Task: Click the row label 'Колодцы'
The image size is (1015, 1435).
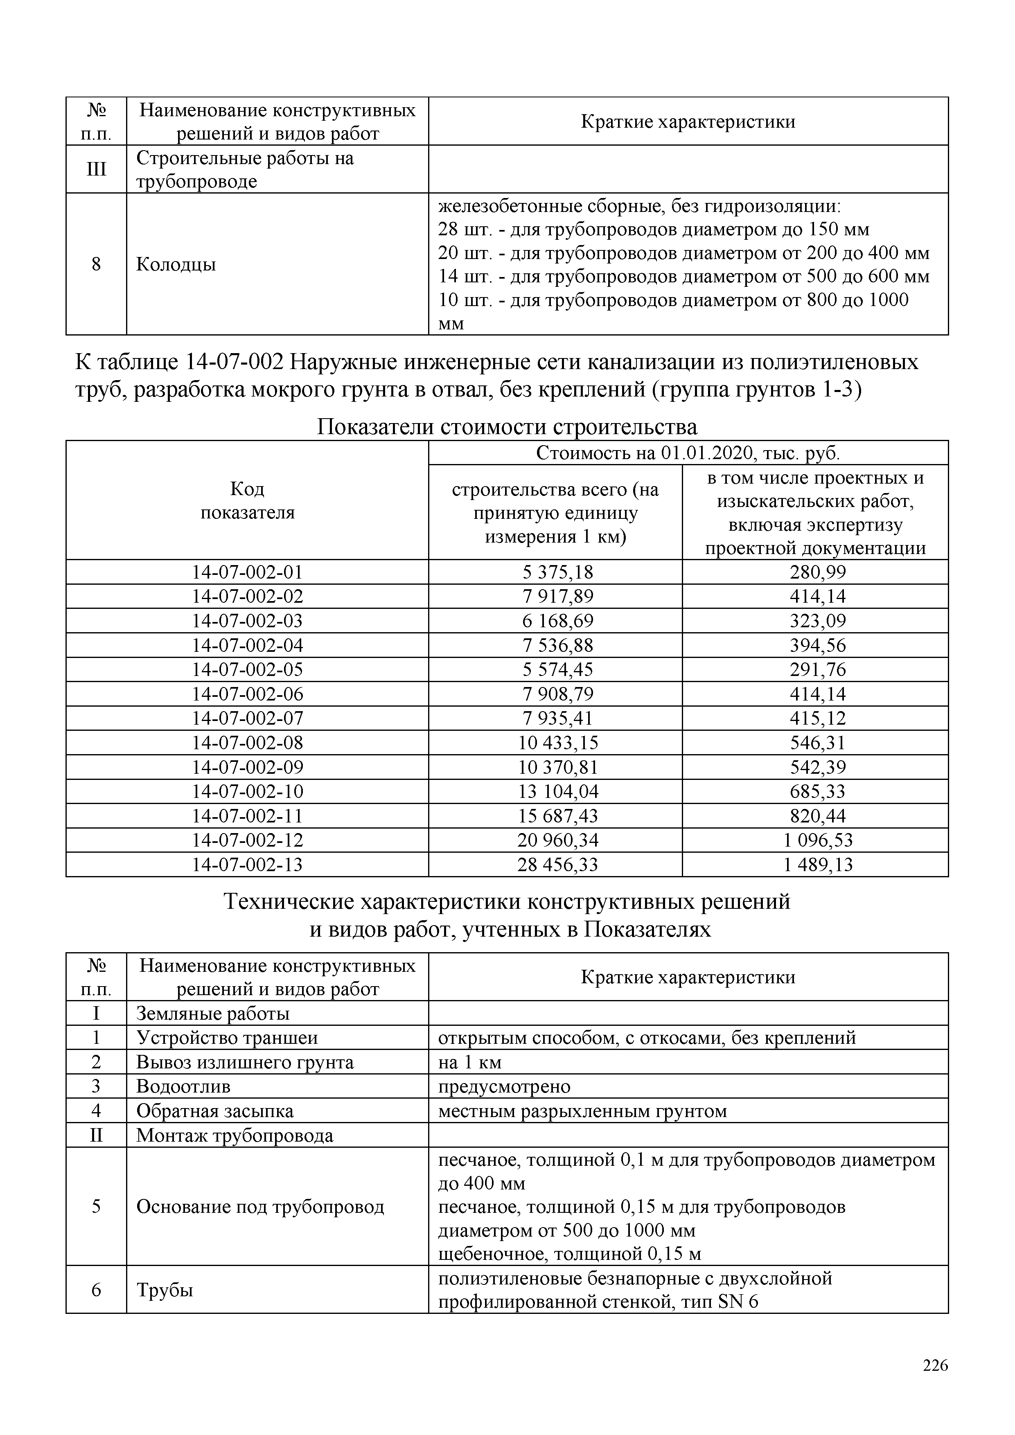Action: [176, 264]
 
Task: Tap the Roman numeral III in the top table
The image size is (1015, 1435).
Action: [96, 169]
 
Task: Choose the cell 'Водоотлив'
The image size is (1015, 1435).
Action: [183, 1086]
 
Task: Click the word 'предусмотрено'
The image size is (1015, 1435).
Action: [504, 1086]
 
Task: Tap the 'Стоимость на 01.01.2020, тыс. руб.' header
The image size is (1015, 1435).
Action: [688, 453]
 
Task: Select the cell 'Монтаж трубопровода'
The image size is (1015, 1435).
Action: [235, 1135]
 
